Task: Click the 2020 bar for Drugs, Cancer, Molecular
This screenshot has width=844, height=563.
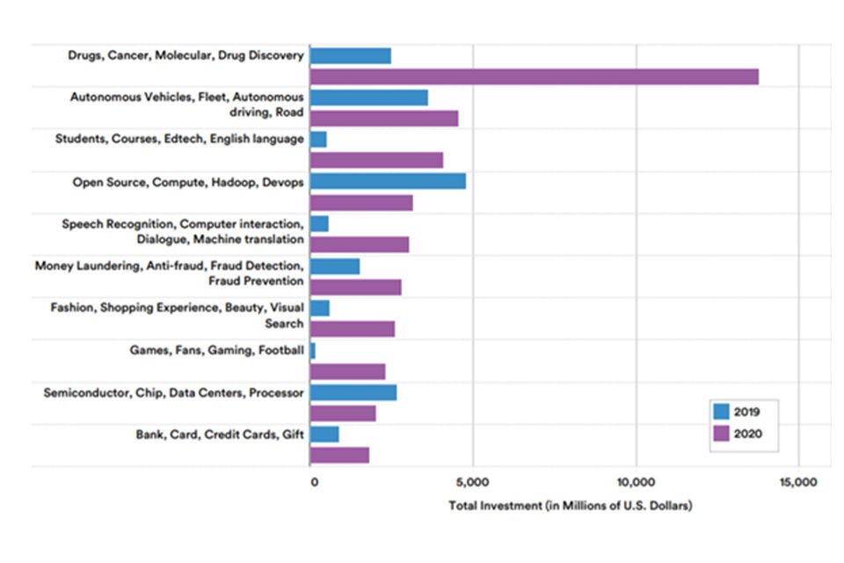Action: click(x=534, y=77)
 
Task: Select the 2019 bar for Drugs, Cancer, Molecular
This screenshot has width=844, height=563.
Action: click(x=351, y=56)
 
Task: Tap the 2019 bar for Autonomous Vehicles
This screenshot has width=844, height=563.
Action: click(x=369, y=98)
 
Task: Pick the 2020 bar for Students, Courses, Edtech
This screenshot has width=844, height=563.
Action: click(x=376, y=160)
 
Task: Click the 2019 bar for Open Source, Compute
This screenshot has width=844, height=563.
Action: click(x=388, y=181)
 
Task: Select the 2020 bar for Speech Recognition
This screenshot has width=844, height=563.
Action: click(x=360, y=245)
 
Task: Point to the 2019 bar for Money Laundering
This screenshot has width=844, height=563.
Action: click(x=335, y=266)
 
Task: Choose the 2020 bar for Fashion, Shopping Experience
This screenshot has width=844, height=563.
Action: click(x=353, y=329)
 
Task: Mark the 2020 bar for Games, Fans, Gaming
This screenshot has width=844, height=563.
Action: click(x=348, y=371)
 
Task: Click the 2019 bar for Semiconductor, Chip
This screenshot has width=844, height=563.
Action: click(x=353, y=392)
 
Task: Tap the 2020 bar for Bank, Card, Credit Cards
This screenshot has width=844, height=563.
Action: click(x=339, y=455)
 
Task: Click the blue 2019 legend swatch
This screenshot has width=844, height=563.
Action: click(x=723, y=411)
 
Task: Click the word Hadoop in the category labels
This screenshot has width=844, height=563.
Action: click(x=234, y=182)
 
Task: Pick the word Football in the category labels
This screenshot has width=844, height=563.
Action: click(x=280, y=350)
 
